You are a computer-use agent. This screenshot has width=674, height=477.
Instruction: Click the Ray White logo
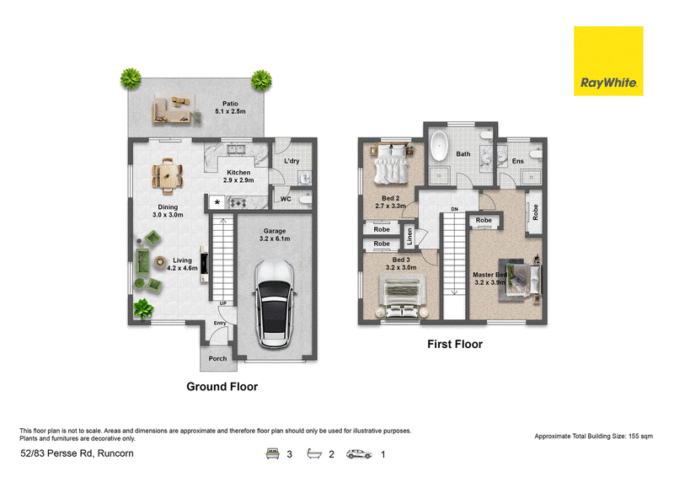[608, 61]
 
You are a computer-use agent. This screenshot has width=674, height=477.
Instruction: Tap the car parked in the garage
[275, 303]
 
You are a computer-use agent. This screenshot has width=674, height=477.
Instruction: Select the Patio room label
[230, 104]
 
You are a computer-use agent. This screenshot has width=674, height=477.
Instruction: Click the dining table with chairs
[167, 176]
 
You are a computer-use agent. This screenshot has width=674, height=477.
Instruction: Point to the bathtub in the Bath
[439, 146]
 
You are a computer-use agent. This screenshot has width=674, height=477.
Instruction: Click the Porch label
[217, 358]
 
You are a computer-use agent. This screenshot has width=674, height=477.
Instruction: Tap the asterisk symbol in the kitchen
[217, 202]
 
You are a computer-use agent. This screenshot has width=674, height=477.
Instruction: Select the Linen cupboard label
[409, 236]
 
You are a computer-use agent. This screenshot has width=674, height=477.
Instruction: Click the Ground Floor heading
[222, 387]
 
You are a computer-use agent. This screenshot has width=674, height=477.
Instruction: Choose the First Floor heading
[455, 344]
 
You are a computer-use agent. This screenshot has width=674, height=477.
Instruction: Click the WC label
[286, 199]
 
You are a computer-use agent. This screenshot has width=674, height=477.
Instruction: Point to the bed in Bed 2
[391, 164]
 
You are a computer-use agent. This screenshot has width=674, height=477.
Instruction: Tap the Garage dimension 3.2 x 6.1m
[275, 238]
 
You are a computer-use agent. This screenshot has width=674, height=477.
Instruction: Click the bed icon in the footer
[272, 453]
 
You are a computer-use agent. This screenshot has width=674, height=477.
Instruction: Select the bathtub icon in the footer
[314, 453]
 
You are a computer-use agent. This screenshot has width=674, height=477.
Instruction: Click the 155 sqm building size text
[640, 437]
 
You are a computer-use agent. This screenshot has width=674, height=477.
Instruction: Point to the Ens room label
[518, 161]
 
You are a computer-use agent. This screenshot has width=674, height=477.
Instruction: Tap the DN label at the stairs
[455, 209]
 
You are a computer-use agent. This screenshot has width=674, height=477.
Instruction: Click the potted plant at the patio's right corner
[261, 80]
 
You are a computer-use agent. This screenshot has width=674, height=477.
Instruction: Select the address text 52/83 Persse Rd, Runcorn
[77, 453]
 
